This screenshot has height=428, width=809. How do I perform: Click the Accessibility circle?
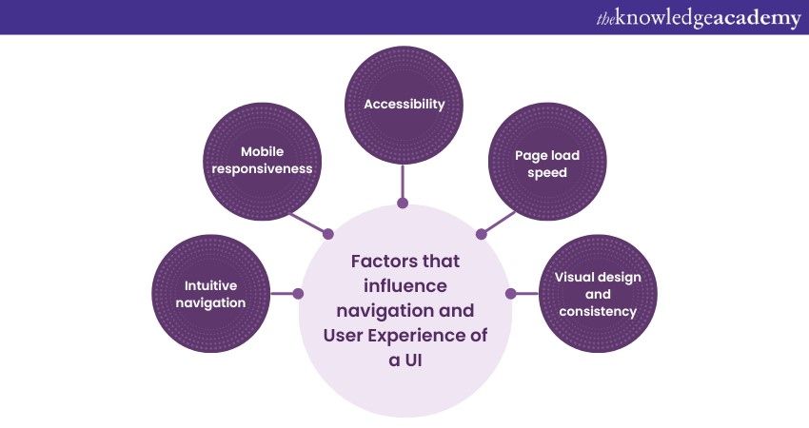pos(404,104)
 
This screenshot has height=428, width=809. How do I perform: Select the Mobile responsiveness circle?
pos(263,161)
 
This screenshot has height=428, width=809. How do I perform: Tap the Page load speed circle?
pos(546,164)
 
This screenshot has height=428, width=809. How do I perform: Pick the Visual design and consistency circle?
pos(598,294)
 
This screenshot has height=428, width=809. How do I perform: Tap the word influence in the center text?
pos(405,285)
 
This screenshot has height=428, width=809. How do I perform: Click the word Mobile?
pos(262,151)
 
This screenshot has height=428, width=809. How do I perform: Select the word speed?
pos(546,173)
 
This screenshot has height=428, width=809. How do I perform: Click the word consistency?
pos(598,311)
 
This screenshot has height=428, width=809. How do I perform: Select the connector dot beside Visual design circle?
pos(510,294)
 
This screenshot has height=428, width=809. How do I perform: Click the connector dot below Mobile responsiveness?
pos(328,233)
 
